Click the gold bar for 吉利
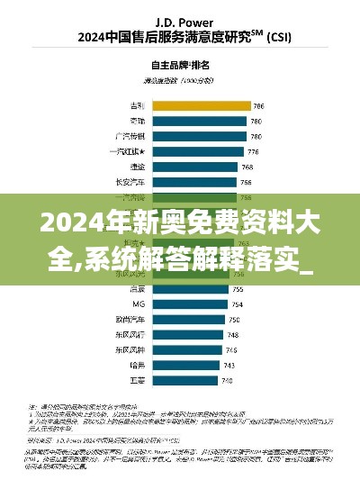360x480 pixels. [x=202, y=104]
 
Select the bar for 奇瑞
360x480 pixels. [x=200, y=120]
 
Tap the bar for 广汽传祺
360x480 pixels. [x=200, y=135]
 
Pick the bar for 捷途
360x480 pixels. [x=195, y=166]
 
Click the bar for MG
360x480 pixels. [x=190, y=304]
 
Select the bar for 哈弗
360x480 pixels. [x=185, y=366]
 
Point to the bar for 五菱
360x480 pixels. [x=184, y=381]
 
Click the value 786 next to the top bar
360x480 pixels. [x=258, y=104]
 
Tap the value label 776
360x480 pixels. [x=253, y=150]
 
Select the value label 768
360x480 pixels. [x=247, y=166]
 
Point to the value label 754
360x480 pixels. [x=236, y=304]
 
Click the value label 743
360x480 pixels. [x=229, y=366]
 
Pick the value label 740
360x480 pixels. [x=227, y=381]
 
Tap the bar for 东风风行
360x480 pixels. [x=187, y=335]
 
